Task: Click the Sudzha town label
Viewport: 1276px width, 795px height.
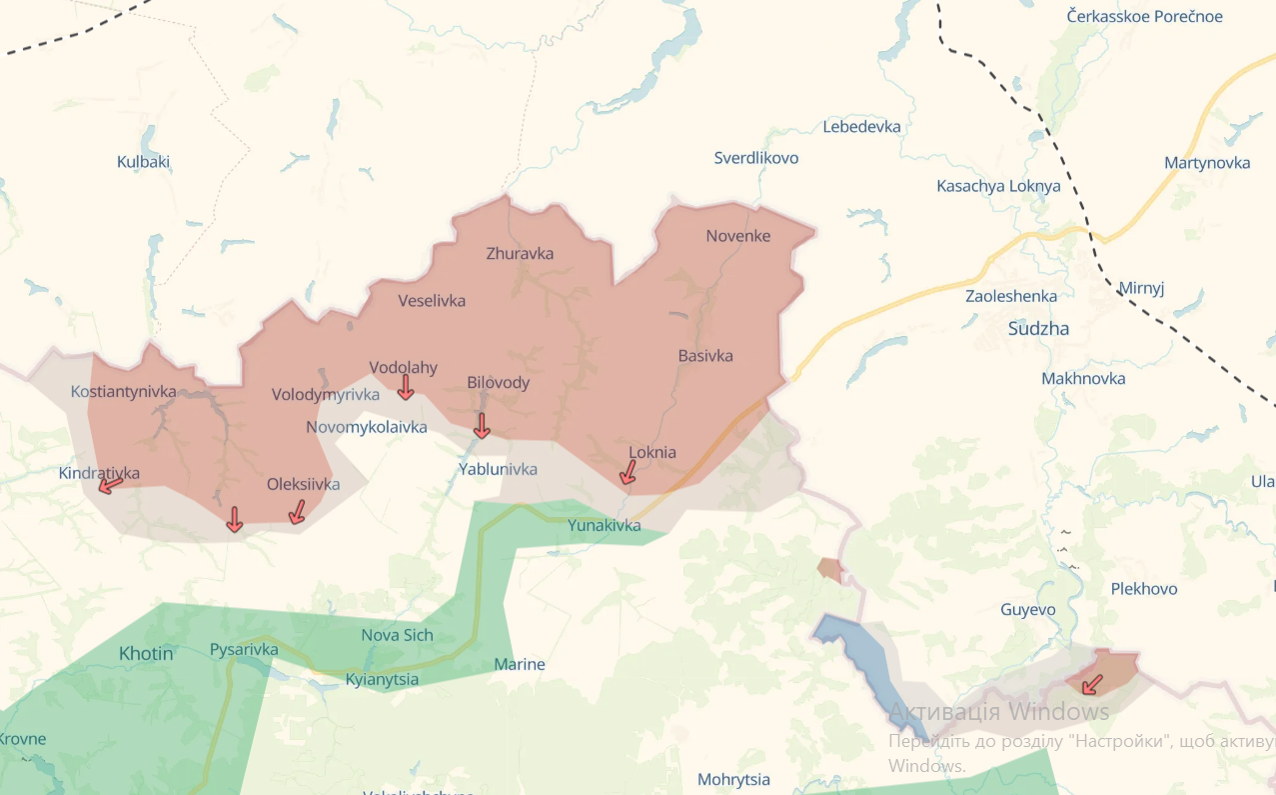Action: point(1038,329)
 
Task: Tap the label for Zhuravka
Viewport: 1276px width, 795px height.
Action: point(520,254)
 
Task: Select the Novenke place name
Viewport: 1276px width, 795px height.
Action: point(738,237)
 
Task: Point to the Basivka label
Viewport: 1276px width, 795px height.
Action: point(705,356)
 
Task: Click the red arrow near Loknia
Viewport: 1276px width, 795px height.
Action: point(628,473)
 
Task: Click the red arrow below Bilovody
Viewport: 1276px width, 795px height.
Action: point(481,426)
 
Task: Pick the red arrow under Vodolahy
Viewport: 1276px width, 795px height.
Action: point(406,388)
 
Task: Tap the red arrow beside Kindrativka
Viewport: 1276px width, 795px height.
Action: point(110,485)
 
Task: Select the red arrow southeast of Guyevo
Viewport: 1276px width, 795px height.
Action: point(1092,685)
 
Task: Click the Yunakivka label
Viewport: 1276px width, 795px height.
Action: point(604,526)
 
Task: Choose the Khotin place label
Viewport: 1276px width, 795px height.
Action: point(146,654)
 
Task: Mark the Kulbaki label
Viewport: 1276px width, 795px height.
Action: point(143,162)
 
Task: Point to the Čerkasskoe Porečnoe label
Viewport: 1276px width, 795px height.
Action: point(1143,17)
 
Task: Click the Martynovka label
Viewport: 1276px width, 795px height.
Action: point(1207,163)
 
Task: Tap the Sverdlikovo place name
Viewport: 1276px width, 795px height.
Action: point(756,158)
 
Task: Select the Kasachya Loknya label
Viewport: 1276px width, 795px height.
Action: point(998,186)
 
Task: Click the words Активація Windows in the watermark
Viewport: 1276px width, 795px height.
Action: point(999,712)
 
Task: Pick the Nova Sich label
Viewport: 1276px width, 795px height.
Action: point(397,636)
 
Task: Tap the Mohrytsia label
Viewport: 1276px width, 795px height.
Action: point(733,780)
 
